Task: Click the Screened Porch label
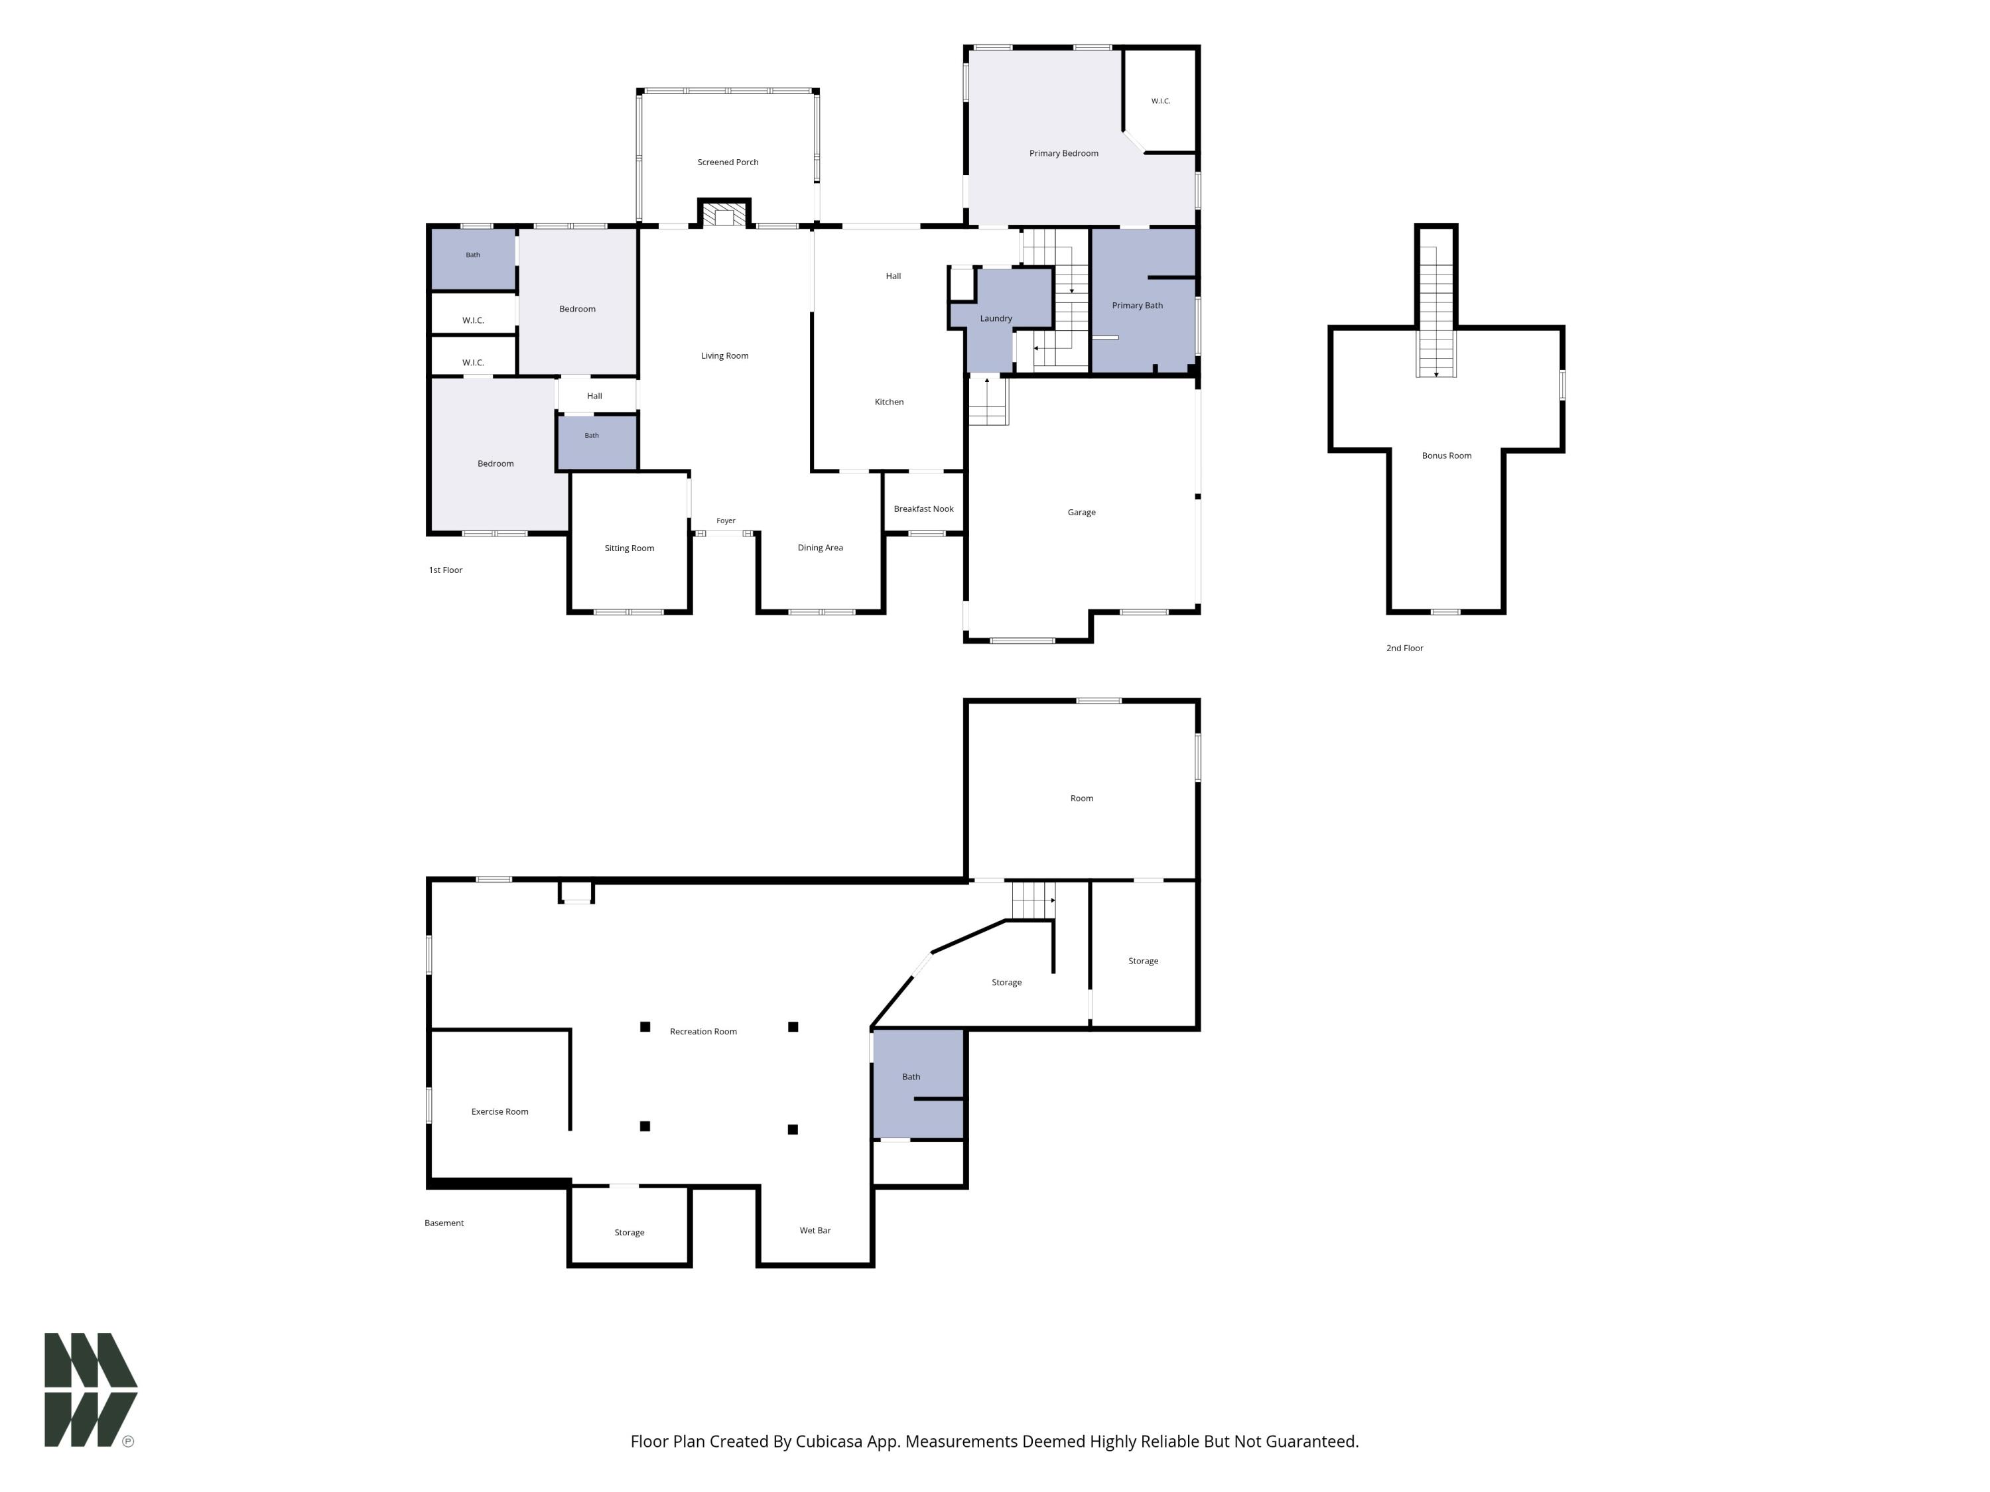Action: pos(728,162)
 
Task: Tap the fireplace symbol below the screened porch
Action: pos(724,214)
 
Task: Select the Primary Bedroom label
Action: pos(1063,154)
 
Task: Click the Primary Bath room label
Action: pos(1137,306)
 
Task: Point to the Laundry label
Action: pos(996,318)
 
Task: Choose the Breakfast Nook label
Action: pos(923,509)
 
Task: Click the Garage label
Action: pos(1081,513)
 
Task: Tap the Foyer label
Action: pos(726,521)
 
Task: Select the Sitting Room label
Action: pos(629,548)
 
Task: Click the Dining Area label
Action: pos(820,548)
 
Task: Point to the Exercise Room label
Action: pos(499,1111)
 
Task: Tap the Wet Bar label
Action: pos(815,1230)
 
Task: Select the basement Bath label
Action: pos(911,1076)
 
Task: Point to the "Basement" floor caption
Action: pos(444,1223)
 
